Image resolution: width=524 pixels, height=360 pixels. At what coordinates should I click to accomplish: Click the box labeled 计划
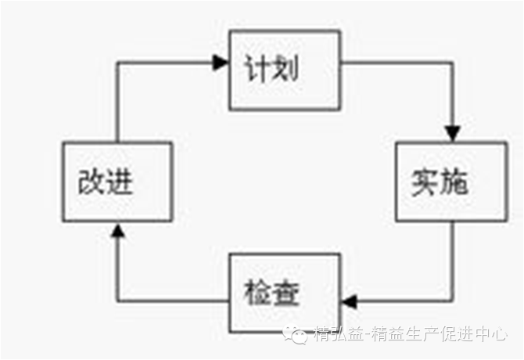284,70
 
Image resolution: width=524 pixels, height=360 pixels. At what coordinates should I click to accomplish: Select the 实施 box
451,182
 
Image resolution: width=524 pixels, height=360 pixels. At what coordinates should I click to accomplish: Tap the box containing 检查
284,293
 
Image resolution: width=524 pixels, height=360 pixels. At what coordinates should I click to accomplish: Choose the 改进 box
117,182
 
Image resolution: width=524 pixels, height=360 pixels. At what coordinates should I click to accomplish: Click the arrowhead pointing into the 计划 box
221,63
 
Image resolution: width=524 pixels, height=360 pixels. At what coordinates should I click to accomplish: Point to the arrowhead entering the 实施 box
452,133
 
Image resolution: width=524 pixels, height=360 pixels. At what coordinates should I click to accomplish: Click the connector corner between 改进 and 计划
117,63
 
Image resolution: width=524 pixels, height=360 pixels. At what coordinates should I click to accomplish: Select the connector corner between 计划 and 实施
452,63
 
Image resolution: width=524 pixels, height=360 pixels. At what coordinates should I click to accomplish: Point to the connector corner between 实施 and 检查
452,301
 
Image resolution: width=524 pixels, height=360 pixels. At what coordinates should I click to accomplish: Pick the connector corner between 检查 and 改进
117,301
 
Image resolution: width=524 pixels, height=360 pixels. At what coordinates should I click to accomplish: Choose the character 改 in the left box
92,182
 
